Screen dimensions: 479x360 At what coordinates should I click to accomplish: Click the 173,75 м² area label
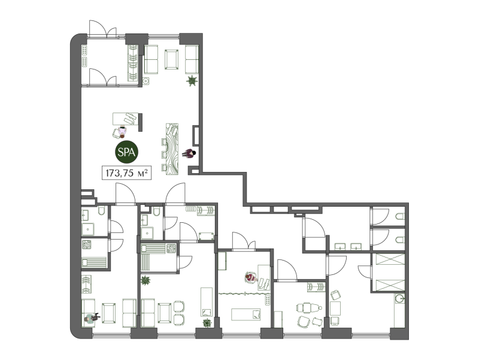pos(126,173)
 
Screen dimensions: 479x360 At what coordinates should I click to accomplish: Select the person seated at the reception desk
pos(123,132)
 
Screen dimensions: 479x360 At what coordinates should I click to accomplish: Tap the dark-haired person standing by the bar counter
pos(189,153)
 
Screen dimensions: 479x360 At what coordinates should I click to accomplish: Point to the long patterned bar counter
pos(172,149)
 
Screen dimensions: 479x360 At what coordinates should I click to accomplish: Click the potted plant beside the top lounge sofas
pos(192,81)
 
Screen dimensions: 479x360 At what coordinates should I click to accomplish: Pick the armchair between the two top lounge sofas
pos(171,59)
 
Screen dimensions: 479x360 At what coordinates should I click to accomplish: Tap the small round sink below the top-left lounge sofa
pos(146,81)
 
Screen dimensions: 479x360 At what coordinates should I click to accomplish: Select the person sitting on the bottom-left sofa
pos(91,318)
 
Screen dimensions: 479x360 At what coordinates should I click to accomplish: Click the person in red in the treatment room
pos(251,277)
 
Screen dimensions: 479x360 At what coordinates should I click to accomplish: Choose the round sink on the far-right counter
pos(399,298)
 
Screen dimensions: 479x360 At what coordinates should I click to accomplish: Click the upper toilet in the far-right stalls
pos(400,217)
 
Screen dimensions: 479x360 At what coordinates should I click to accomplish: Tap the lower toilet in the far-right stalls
pos(400,240)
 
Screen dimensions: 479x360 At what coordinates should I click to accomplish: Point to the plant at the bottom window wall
pos(207,323)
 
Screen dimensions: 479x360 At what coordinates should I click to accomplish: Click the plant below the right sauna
pos(145,280)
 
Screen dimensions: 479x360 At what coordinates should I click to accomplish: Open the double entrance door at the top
pos(102,29)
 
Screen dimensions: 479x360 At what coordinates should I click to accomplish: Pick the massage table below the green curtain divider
pos(246,314)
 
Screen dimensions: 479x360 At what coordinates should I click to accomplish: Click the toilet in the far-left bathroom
pos(102,211)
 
